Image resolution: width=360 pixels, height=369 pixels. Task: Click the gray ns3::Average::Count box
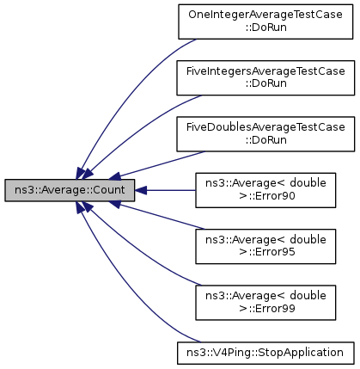(x=70, y=190)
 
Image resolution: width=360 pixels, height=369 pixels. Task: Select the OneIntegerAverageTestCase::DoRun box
(x=265, y=22)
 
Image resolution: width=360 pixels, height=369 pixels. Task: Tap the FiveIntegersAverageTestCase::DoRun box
(x=265, y=77)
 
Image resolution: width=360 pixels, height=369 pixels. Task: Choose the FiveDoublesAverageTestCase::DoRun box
(x=265, y=134)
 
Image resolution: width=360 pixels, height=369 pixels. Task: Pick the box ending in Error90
(x=265, y=190)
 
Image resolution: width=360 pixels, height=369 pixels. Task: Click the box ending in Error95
(x=265, y=246)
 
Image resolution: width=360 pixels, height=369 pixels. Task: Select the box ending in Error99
(x=265, y=303)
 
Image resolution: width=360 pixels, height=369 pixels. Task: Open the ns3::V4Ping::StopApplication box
(x=265, y=353)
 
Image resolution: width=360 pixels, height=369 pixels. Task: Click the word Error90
(x=272, y=196)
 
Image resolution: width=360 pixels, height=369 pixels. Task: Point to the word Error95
(x=272, y=252)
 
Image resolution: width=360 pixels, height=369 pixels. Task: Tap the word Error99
(x=272, y=309)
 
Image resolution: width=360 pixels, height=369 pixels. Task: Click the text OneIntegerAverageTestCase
(x=265, y=15)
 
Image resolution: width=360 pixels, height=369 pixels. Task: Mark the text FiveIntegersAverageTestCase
(x=265, y=71)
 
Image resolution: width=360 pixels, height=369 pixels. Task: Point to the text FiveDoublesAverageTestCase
(x=265, y=127)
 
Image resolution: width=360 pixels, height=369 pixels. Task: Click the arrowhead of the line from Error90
(x=141, y=190)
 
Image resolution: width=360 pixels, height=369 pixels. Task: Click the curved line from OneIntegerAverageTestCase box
(x=122, y=95)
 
